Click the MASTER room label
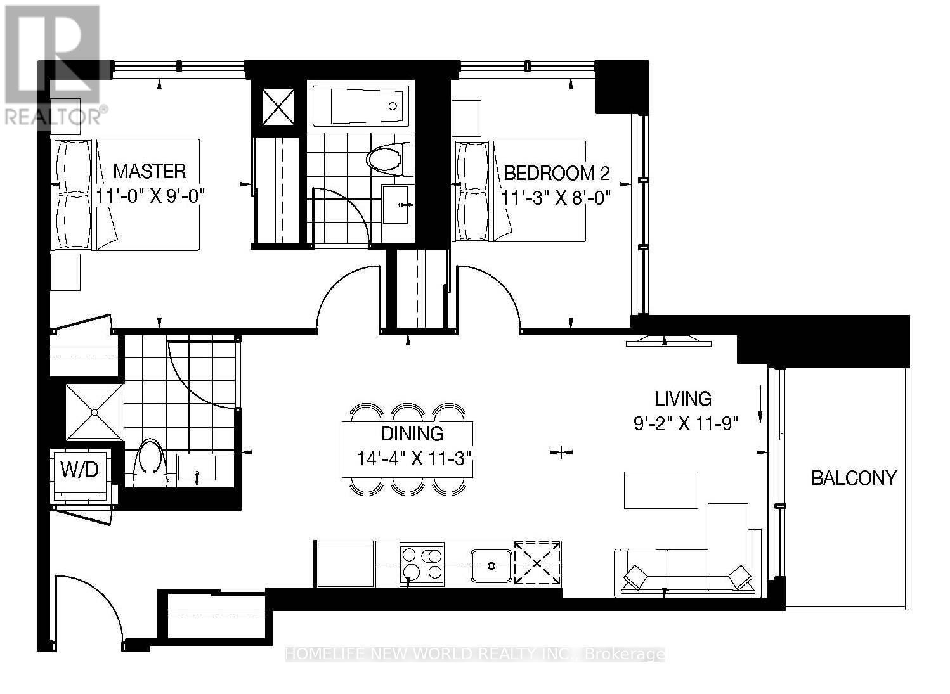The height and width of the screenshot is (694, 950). tap(150, 171)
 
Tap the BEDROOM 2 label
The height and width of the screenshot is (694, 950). tap(556, 173)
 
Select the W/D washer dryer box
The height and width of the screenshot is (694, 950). tap(80, 470)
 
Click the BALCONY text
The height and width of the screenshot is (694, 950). tap(854, 477)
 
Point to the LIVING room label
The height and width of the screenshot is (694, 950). tap(683, 399)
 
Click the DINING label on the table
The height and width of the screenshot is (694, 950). tap(412, 434)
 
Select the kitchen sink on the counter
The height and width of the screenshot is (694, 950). tap(491, 565)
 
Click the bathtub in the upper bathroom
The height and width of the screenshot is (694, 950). tap(359, 106)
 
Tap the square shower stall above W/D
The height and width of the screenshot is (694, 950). tap(94, 413)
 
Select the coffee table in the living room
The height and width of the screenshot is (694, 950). tap(661, 490)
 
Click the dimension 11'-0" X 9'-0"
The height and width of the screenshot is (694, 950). tap(152, 195)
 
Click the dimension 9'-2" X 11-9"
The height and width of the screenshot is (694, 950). tap(686, 423)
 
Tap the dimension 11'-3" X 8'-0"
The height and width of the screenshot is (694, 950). tap(556, 197)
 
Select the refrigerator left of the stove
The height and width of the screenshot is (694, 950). tap(345, 563)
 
